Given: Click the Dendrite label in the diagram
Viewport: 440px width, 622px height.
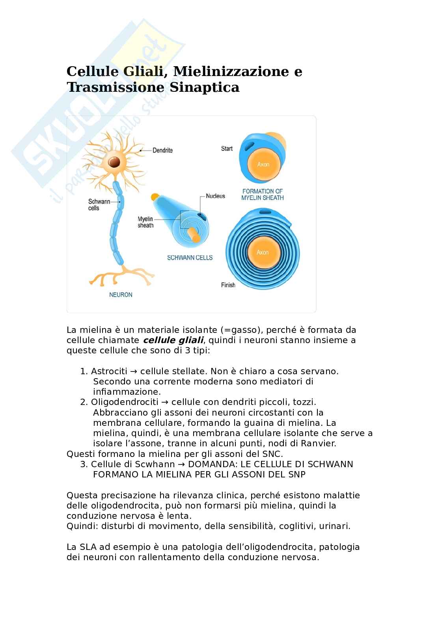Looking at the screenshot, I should (162, 150).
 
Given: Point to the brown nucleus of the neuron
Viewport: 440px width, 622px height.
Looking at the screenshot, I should (115, 162).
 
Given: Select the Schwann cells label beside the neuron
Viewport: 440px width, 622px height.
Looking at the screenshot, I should (99, 205).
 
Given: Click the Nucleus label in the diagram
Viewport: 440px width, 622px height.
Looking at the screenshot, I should (215, 196).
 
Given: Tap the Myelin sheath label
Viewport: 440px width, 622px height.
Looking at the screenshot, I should (145, 222).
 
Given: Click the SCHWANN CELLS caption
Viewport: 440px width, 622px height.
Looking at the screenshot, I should (190, 258).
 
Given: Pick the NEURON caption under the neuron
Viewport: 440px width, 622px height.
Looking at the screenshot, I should (121, 295).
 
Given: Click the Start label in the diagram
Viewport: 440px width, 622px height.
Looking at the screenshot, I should (227, 149).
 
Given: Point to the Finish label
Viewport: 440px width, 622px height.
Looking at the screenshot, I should (228, 285).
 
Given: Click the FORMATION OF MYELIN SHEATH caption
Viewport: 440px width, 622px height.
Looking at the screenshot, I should (263, 195).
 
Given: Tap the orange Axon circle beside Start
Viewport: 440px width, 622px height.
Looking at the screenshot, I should (263, 164).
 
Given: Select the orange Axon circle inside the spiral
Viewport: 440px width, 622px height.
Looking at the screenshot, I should (263, 252).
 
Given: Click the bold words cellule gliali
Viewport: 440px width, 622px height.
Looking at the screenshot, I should (173, 340).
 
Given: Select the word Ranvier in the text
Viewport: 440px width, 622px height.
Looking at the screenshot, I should (319, 443).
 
